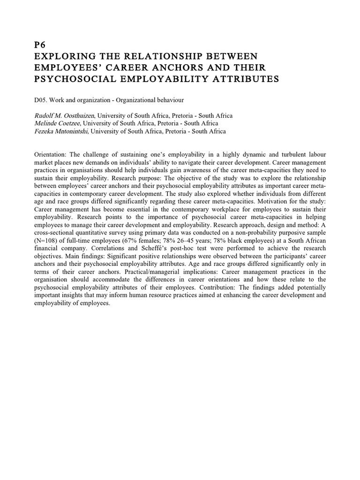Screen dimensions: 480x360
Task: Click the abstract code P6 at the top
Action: click(x=41, y=46)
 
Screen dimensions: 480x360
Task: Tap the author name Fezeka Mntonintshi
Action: click(x=61, y=131)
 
